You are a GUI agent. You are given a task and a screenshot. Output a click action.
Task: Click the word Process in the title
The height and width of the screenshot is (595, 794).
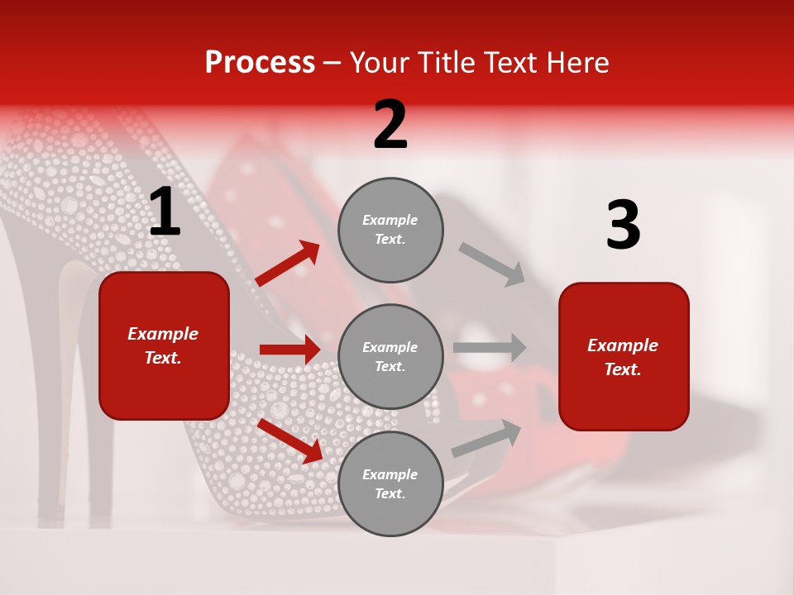[x=260, y=63]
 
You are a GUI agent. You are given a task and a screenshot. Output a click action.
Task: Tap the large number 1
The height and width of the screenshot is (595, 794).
[x=165, y=212]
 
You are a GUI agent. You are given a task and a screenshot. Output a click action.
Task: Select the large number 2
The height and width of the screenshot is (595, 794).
[x=390, y=126]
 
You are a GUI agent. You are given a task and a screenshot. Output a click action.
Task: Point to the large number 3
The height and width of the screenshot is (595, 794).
[x=623, y=226]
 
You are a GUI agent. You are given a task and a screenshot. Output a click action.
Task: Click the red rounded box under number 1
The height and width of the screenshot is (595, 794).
[x=164, y=345]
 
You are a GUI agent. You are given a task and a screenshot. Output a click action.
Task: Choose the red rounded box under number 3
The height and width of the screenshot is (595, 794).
[x=624, y=357]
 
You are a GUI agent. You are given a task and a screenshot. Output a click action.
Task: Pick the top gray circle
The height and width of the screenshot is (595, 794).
[x=390, y=230]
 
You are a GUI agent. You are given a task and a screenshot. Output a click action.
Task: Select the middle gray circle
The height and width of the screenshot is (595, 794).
[x=390, y=357]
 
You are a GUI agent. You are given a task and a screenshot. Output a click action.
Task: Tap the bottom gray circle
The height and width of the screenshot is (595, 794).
[x=390, y=484]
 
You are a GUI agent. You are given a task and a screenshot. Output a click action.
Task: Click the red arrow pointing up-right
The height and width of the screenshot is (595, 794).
[x=288, y=264]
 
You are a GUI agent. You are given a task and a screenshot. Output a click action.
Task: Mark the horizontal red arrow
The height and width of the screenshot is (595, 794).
[x=289, y=350]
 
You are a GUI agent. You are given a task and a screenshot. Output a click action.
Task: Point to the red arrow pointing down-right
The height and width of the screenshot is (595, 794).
[x=289, y=440]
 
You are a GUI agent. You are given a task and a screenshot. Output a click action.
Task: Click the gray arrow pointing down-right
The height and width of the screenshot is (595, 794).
[x=492, y=264]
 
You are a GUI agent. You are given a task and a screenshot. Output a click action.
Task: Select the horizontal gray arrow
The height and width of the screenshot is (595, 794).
[x=490, y=348]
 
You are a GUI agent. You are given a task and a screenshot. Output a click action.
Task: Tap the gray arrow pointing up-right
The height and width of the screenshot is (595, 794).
[x=487, y=438]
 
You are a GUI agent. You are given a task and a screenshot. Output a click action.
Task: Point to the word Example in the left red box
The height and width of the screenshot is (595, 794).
[x=163, y=334]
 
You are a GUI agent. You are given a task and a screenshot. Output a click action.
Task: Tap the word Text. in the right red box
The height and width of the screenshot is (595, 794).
[x=623, y=369]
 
